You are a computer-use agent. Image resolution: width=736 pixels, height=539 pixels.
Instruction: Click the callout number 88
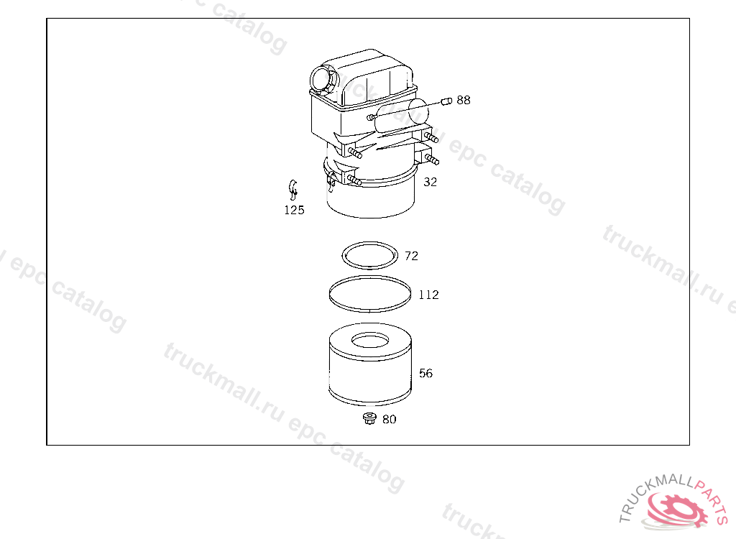[464, 100]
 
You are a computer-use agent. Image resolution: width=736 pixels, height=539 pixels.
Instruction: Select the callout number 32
[430, 182]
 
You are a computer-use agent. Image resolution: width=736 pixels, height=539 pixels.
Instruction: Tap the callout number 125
[294, 210]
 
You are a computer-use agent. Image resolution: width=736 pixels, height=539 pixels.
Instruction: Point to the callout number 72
[411, 256]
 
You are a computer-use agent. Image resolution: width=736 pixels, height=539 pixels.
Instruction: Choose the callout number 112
[428, 295]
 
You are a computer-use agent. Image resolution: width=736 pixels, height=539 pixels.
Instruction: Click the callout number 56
[425, 373]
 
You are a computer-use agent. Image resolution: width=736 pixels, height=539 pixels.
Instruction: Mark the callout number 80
[389, 419]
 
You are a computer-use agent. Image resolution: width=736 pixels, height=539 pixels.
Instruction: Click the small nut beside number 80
[370, 418]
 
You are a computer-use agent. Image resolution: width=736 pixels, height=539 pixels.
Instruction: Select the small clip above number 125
[293, 189]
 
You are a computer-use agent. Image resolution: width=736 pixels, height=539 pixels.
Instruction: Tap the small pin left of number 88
[446, 101]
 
